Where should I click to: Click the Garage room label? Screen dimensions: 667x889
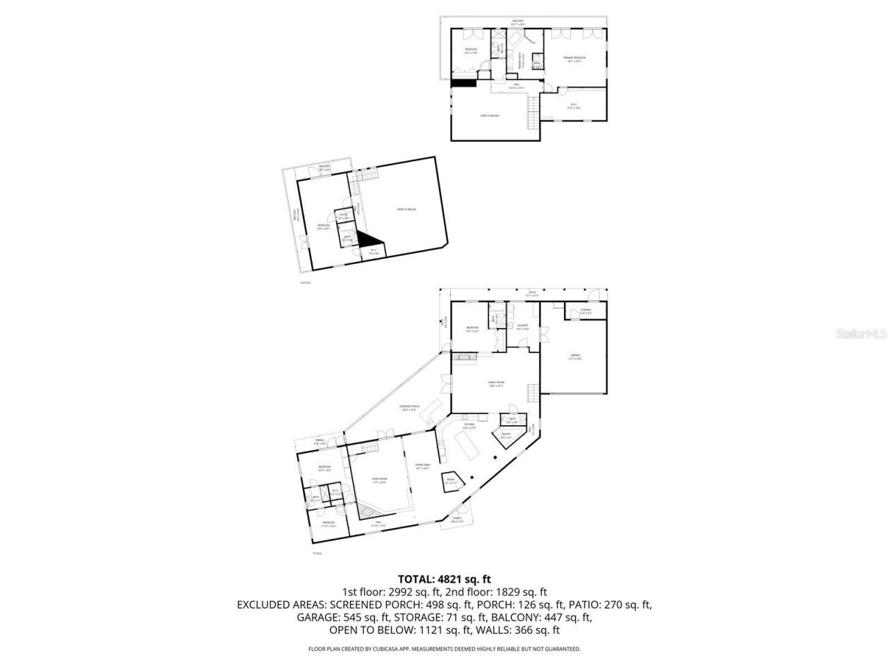575,356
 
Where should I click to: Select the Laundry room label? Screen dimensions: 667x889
522,327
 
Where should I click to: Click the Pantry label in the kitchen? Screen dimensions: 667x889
506,436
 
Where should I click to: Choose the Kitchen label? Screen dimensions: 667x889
470,425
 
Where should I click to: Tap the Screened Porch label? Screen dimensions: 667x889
408,408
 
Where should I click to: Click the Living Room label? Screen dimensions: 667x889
379,480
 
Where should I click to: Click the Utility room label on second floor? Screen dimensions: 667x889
343,216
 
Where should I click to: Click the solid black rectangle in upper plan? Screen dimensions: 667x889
463,83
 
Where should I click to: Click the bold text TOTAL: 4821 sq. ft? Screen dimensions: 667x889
444,578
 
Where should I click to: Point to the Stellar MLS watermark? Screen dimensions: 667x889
861,334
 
